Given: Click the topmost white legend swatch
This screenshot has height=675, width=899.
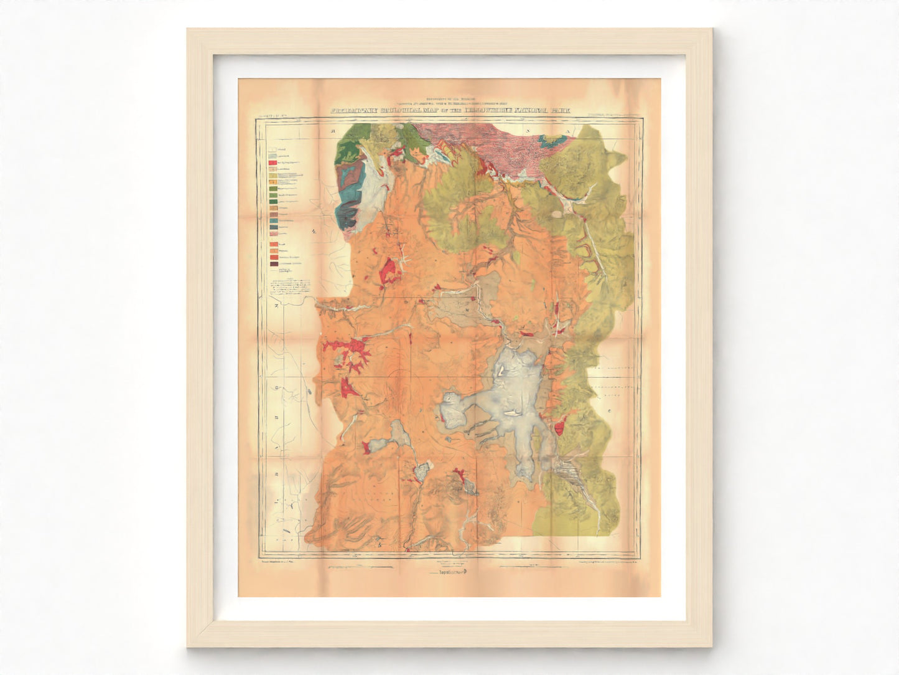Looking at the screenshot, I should click(x=272, y=150).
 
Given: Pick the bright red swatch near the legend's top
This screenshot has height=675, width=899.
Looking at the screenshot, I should click(x=272, y=163).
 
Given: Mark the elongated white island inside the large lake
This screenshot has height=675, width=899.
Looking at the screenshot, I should click(x=511, y=413).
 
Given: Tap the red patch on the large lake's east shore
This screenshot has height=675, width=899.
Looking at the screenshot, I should click(x=558, y=428).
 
